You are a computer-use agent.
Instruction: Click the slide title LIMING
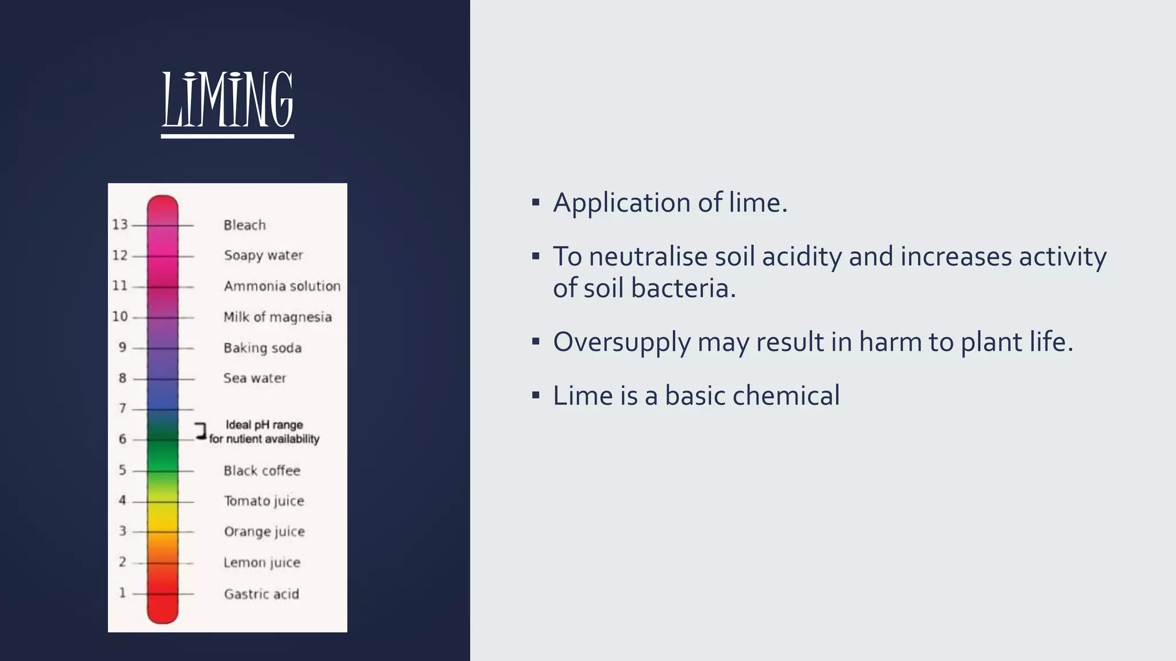tap(227, 100)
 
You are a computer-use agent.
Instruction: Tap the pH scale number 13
tap(120, 224)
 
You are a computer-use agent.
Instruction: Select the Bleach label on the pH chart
tap(245, 225)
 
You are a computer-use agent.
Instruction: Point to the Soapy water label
tap(264, 255)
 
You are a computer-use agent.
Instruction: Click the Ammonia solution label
tap(282, 286)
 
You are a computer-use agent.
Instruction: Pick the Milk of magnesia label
tap(277, 317)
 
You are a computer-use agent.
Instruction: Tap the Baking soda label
tap(262, 348)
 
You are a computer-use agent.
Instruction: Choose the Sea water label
tap(255, 378)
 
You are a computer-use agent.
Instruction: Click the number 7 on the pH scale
tap(122, 409)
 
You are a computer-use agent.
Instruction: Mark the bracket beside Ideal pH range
tap(200, 431)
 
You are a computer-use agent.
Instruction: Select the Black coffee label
tap(262, 471)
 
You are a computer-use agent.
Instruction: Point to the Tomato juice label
tap(264, 501)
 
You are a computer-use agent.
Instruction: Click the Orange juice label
tap(264, 532)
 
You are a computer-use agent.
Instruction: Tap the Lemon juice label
tap(262, 563)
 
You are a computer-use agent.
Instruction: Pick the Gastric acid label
tap(261, 594)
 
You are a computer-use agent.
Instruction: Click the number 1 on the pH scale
tap(122, 593)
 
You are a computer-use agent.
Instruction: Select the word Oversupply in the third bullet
tap(621, 343)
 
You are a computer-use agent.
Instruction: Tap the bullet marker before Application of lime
tap(536, 202)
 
